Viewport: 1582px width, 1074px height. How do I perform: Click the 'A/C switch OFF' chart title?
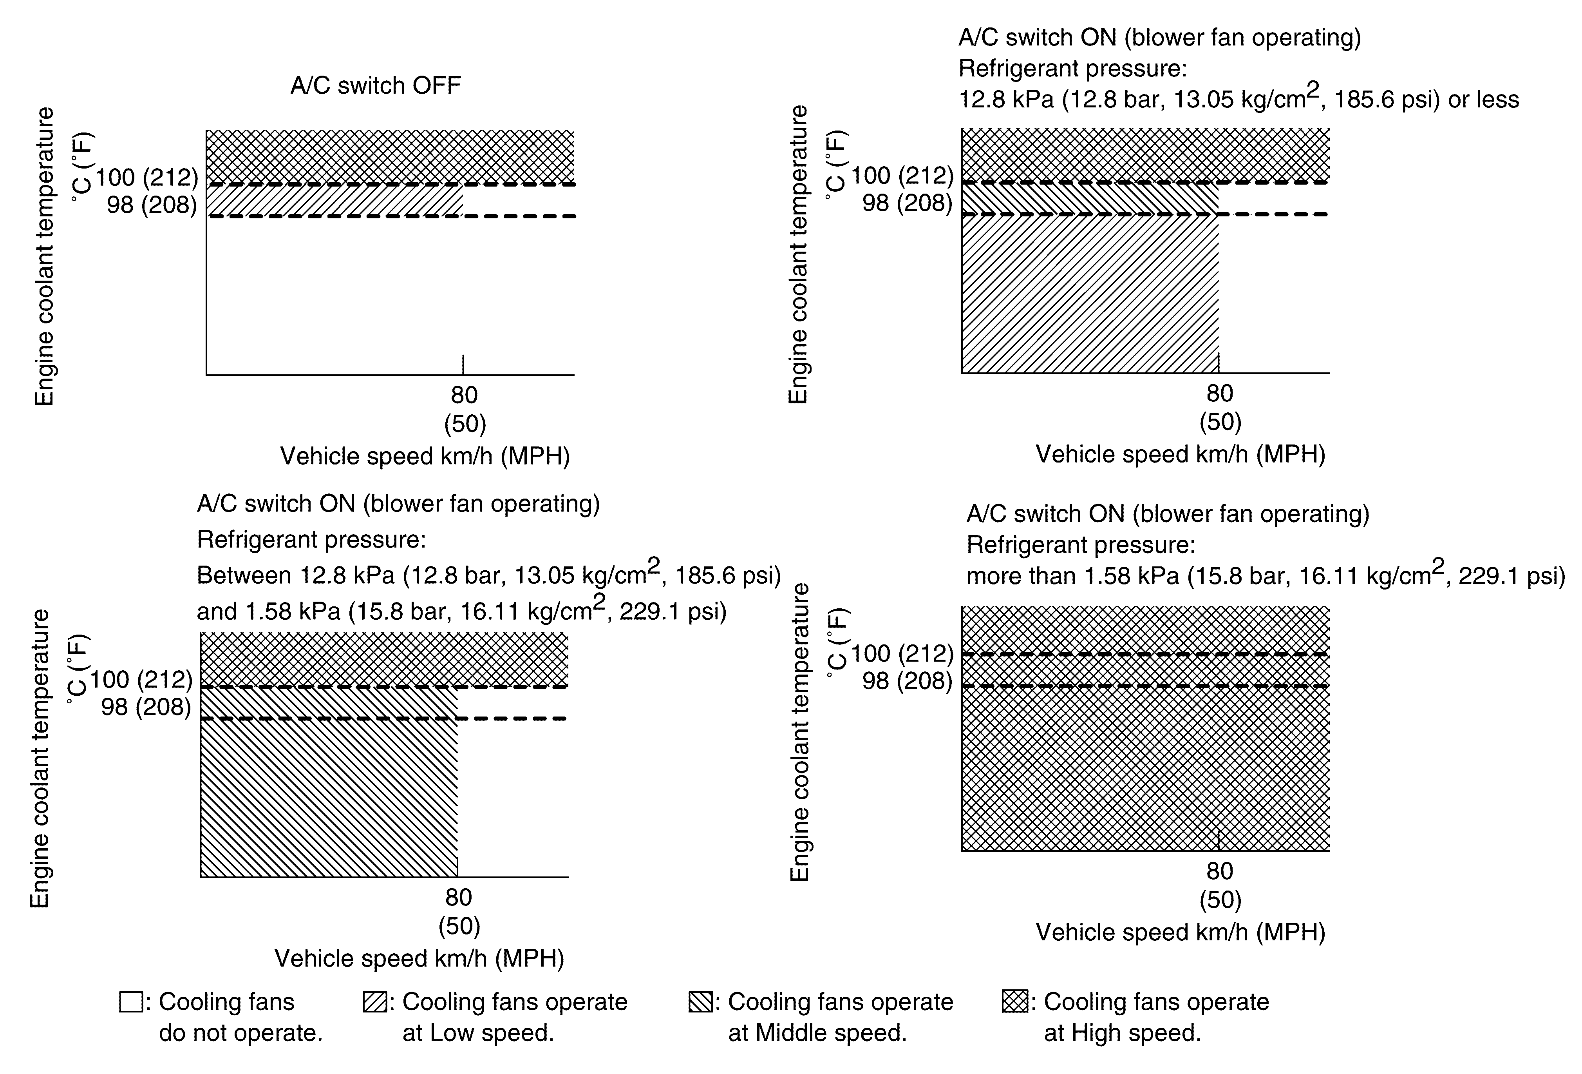click(x=375, y=86)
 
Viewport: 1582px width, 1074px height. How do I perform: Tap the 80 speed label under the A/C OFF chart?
click(x=464, y=395)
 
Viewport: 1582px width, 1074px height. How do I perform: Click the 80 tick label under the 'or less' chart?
click(x=1220, y=394)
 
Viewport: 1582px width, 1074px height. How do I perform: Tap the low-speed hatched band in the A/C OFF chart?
click(x=334, y=200)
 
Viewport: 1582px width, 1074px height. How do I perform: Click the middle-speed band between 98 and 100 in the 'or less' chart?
click(x=1089, y=198)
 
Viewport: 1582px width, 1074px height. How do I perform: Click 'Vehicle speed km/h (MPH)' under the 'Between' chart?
click(x=419, y=958)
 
